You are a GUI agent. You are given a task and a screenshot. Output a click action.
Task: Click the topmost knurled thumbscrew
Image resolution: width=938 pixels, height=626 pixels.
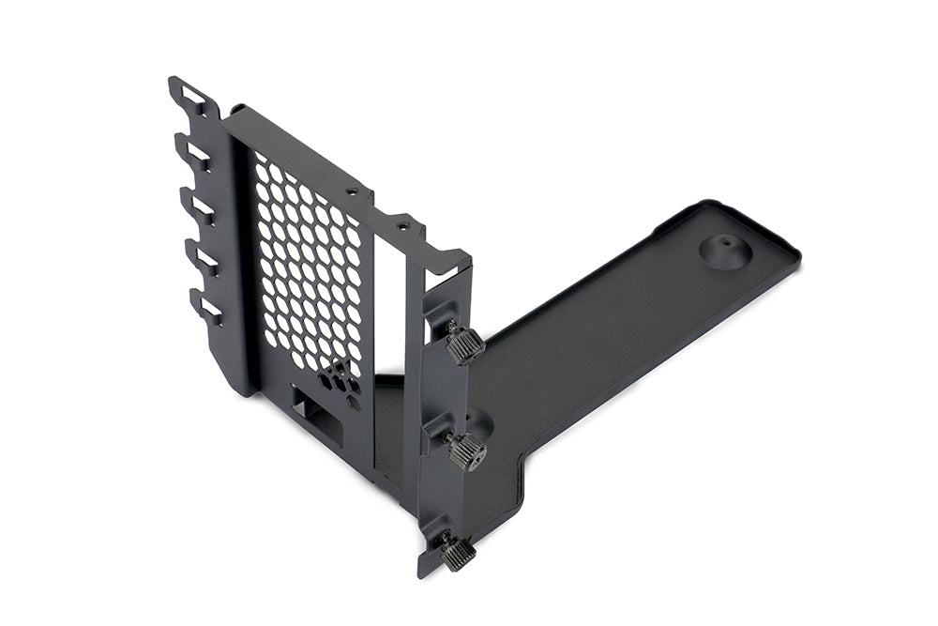[x=463, y=344]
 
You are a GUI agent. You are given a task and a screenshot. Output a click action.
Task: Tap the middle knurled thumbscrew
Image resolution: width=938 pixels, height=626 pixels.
[x=465, y=451]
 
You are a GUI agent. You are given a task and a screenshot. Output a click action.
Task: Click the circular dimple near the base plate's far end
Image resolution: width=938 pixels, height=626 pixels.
[x=723, y=252]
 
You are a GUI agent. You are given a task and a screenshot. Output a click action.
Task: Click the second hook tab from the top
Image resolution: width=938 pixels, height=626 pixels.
[x=195, y=152]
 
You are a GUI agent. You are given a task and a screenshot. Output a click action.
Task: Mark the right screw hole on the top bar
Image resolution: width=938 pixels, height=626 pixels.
[x=402, y=225]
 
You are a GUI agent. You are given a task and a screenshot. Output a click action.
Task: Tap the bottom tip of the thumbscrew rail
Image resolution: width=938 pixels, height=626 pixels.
[x=424, y=571]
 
